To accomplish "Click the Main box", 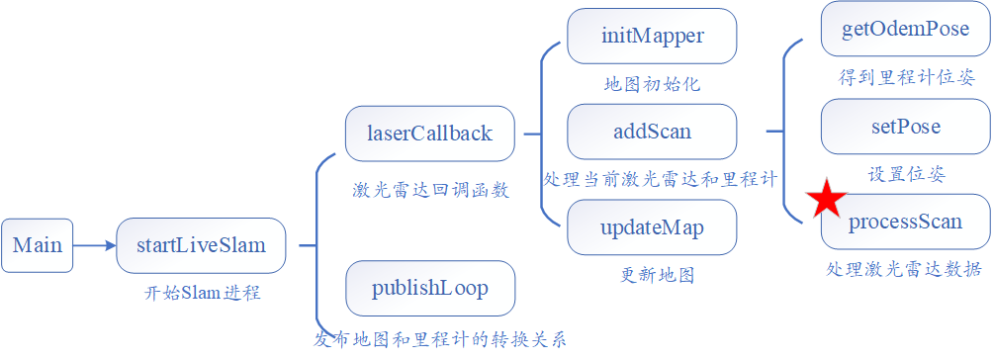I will (x=37, y=245).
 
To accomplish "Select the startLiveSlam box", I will (x=201, y=245).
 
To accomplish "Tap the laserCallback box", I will (x=429, y=134).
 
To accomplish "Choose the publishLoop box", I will (x=429, y=289).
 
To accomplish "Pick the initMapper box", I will (x=652, y=37).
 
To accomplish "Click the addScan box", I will (x=652, y=132).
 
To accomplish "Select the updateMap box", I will (x=652, y=227).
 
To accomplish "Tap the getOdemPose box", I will (x=905, y=28).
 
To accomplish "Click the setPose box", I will (x=905, y=127).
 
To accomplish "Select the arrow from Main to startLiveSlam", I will (x=94, y=245).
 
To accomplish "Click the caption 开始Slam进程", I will (x=201, y=293).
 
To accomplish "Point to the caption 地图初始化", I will (x=652, y=84).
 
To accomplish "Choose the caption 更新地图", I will (x=652, y=275).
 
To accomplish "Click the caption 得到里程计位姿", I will (x=905, y=77).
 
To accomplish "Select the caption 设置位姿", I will (x=906, y=174).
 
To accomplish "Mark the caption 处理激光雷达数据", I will (x=905, y=269).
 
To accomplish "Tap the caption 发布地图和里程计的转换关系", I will (x=441, y=340).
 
